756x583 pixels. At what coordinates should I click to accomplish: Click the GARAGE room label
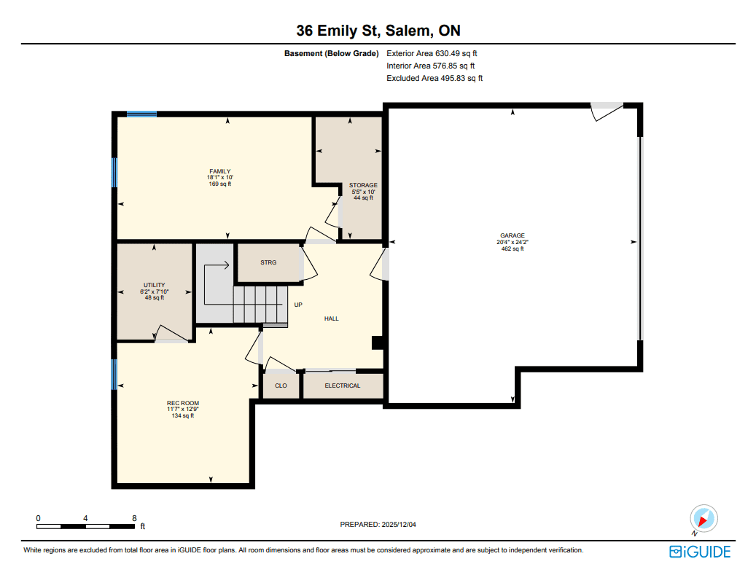click(512, 235)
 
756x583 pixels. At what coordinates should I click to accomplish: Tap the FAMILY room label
click(220, 171)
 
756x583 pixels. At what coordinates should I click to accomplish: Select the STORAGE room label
click(363, 185)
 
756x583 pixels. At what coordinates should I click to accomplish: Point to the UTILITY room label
click(155, 285)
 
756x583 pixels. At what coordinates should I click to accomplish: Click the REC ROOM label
click(183, 403)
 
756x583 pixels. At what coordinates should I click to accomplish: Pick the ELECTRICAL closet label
click(343, 386)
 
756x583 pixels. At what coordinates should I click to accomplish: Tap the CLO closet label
click(281, 386)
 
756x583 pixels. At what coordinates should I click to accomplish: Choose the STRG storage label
click(268, 262)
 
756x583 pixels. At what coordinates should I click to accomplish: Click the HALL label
click(331, 318)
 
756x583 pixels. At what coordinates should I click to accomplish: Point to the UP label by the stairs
click(298, 305)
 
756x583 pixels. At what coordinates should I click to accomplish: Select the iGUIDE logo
click(700, 552)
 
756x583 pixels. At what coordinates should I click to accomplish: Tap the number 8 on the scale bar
click(135, 518)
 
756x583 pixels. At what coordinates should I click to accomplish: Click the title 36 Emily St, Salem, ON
click(378, 31)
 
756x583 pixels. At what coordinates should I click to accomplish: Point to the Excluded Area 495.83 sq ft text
click(434, 78)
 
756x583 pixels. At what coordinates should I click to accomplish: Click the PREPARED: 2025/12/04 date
click(378, 524)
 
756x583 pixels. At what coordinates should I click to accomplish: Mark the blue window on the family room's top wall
click(141, 114)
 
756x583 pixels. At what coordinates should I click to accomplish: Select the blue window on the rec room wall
click(114, 375)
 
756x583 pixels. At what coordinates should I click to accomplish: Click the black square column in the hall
click(377, 343)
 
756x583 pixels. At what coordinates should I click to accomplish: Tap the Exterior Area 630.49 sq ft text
click(432, 53)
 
